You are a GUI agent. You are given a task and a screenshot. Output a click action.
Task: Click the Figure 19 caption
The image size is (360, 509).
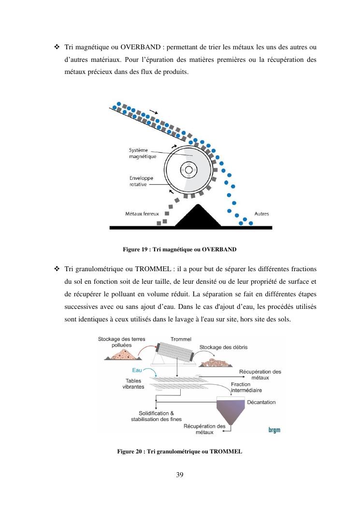pos(180,249)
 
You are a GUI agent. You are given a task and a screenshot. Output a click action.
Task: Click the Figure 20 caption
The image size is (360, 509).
pos(179,451)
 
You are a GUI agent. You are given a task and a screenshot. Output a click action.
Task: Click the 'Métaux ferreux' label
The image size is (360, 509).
pos(139,214)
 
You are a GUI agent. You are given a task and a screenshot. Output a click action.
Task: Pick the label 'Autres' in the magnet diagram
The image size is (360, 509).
pos(261,214)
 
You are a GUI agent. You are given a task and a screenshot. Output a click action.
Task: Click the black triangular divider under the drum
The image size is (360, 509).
pos(197,217)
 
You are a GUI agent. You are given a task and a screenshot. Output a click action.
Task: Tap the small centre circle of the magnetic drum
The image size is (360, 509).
pos(188,170)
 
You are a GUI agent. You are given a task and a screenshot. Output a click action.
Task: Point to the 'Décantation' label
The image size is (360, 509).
pos(261,402)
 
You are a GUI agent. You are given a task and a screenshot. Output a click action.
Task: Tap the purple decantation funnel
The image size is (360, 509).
pos(230,410)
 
